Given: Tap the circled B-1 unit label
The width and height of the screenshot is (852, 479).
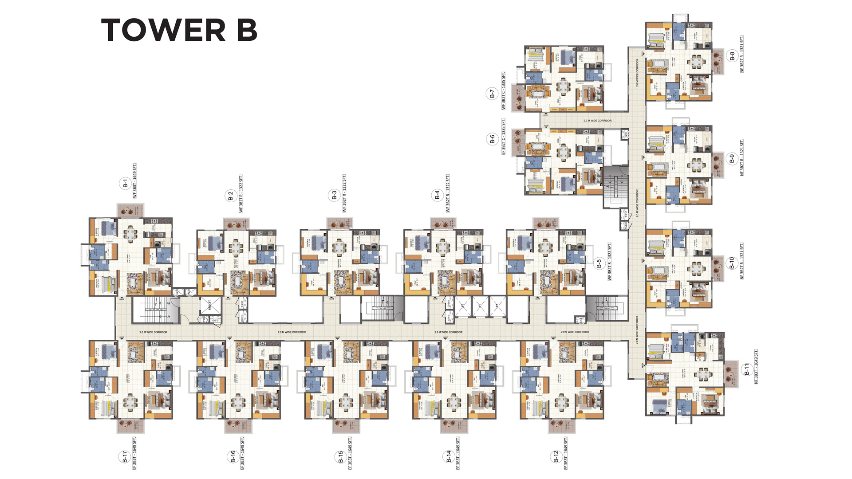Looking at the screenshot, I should (125, 183).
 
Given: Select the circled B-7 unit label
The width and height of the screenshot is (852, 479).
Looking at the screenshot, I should (492, 94).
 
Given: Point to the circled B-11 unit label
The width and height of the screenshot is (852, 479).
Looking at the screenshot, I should (747, 369).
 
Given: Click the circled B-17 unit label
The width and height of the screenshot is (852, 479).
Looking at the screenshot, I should (125, 457).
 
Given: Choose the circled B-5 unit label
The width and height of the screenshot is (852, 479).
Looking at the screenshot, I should (599, 264).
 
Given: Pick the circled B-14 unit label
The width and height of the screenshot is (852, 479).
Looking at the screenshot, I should (449, 457).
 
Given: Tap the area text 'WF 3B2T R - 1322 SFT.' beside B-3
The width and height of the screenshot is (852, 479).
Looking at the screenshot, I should (344, 193).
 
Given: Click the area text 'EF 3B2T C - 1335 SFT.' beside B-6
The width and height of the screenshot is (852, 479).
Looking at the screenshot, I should (503, 136).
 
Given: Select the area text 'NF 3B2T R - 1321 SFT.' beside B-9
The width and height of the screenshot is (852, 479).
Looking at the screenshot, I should (742, 157).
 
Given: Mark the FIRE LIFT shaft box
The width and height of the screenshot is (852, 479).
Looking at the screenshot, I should (210, 306).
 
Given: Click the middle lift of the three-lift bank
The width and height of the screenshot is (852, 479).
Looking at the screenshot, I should (481, 306).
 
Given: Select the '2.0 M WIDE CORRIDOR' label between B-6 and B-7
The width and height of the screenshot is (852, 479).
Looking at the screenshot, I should (597, 121).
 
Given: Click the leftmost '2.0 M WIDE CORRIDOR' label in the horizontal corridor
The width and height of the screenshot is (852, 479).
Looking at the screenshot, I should (153, 332).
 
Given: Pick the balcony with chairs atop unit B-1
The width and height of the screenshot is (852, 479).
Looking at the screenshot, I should (130, 211).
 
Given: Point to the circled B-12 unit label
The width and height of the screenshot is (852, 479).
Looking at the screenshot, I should (556, 457).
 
